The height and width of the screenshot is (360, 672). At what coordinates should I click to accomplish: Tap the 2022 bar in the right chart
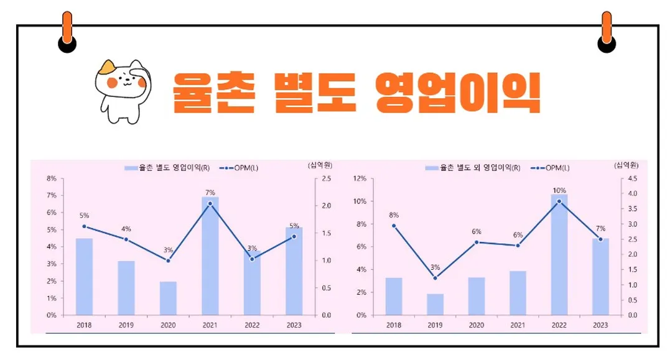click(x=559, y=255)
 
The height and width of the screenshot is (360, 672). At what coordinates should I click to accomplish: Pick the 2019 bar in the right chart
click(x=435, y=304)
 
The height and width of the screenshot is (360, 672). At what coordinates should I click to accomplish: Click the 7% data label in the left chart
click(x=210, y=192)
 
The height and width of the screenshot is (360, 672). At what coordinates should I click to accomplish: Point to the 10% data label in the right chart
click(x=559, y=190)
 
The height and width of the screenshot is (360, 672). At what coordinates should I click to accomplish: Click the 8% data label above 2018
click(x=393, y=215)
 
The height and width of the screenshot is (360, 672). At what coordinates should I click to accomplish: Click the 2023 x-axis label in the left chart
click(x=294, y=325)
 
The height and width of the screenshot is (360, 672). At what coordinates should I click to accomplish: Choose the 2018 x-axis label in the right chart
click(x=393, y=325)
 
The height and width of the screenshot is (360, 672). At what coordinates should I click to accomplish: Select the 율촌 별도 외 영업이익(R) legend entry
click(x=472, y=168)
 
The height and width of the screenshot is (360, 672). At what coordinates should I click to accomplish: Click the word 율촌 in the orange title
click(x=215, y=93)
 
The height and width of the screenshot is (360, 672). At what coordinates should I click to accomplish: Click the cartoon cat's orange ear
click(x=108, y=65)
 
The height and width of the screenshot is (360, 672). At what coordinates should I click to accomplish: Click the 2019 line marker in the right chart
click(x=435, y=278)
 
